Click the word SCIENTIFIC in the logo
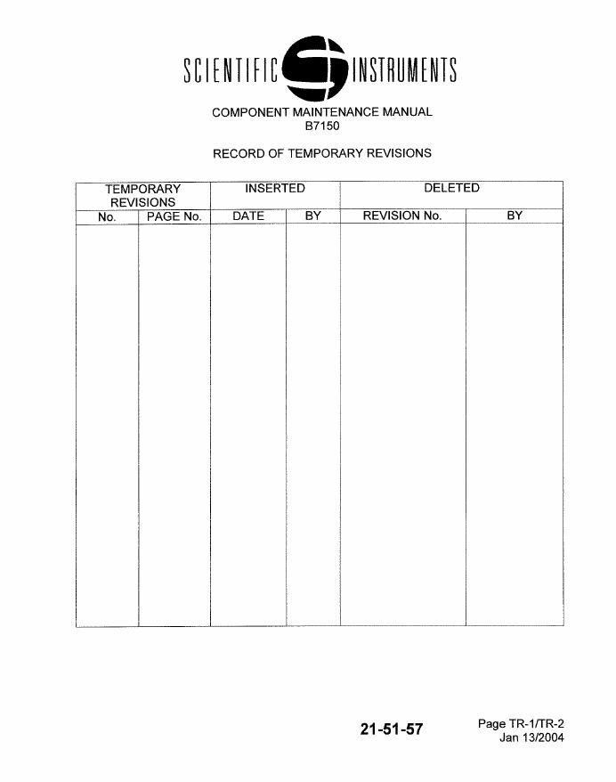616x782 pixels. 231,71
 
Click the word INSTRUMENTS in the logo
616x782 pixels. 404,71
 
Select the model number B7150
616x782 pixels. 322,126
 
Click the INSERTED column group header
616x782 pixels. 275,188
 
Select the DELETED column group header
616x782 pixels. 451,188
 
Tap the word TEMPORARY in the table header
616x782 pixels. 143,189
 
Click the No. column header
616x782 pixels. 108,216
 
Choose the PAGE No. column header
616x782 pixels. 174,216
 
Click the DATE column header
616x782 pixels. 248,216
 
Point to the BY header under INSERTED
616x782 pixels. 312,216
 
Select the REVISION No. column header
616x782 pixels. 402,216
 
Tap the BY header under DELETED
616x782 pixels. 515,216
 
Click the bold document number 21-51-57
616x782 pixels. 392,729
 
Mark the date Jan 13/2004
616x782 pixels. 531,737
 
